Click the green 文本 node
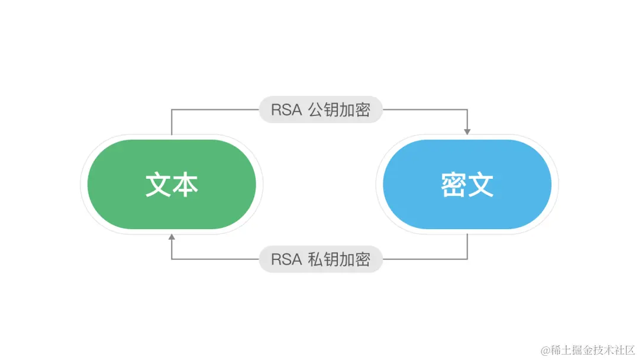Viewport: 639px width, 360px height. pos(172,184)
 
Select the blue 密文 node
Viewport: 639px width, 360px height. pos(467,184)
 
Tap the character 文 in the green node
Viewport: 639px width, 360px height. pos(159,185)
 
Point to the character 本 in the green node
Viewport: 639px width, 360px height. pos(185,185)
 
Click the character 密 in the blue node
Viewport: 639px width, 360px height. pos(454,185)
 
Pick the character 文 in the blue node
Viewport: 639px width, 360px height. pos(480,185)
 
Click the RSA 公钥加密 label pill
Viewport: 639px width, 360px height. pos(321,110)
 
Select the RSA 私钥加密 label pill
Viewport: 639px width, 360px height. pos(321,259)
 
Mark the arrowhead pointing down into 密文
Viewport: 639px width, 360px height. pos(467,131)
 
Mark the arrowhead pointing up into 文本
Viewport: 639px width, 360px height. pos(172,237)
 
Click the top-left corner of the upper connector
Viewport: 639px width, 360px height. pos(172,110)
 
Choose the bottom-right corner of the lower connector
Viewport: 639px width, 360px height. pos(467,259)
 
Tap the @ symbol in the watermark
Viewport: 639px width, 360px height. pos(544,349)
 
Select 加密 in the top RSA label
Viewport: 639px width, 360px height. pos(355,111)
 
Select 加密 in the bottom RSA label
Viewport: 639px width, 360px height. pos(355,260)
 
